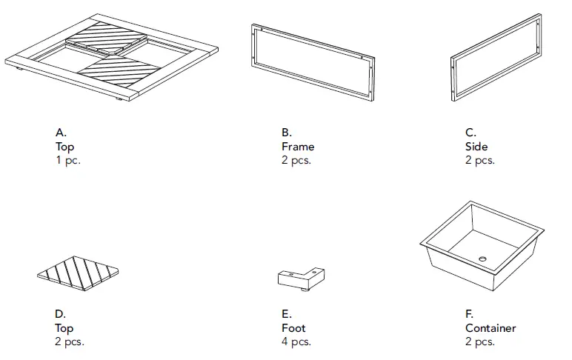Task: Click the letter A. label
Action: click(61, 133)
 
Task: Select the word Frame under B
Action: click(297, 147)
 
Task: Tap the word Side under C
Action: click(476, 147)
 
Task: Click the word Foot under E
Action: click(293, 328)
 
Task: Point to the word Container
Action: click(490, 328)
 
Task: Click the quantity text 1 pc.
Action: click(67, 161)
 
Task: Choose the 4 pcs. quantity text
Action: click(296, 342)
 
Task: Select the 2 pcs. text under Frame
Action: click(296, 161)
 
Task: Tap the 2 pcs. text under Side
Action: click(479, 161)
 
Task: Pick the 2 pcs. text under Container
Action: click(479, 342)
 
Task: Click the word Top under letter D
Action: click(65, 328)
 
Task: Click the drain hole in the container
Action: click(482, 259)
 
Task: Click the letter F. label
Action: click(469, 314)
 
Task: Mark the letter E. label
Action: click(286, 314)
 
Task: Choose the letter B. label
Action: click(286, 133)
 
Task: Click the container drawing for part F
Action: click(482, 244)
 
